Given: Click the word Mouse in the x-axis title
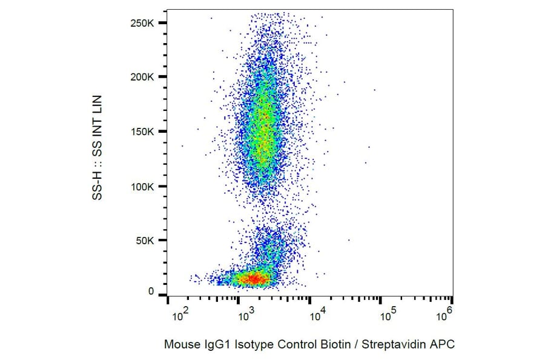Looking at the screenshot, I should click(x=179, y=345).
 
